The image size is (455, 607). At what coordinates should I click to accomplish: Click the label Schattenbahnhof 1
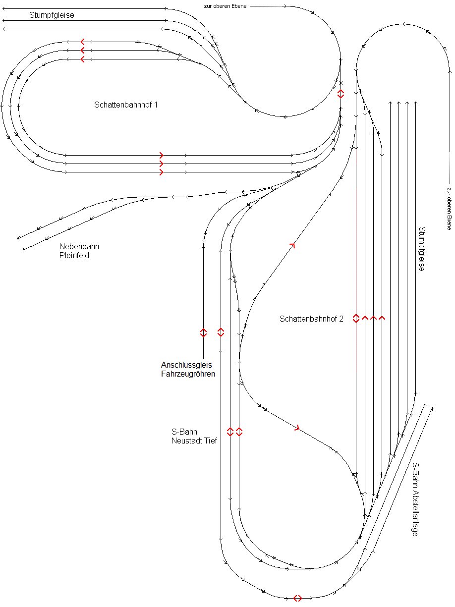[x=126, y=105]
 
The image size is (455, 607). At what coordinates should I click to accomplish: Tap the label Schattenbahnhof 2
[x=311, y=319]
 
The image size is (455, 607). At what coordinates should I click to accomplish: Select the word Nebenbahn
[x=79, y=247]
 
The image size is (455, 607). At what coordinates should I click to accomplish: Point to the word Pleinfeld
[x=74, y=256]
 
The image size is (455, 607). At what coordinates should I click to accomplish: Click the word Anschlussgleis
[x=186, y=365]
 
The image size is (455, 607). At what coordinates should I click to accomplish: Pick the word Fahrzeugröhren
[x=188, y=374]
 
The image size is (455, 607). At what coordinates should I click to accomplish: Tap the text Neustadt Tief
[x=194, y=441]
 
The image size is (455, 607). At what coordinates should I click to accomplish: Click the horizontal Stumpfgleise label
[x=52, y=15]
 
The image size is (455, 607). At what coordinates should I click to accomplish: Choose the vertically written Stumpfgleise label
[x=422, y=249]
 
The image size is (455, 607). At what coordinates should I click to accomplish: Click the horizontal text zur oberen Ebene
[x=225, y=6]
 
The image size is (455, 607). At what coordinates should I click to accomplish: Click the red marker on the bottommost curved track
[x=297, y=598]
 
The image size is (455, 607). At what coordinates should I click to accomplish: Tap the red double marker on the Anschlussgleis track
[x=203, y=332]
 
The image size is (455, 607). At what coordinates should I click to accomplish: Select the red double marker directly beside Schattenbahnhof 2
[x=356, y=318]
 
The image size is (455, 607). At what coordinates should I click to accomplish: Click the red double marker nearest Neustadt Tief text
[x=230, y=432]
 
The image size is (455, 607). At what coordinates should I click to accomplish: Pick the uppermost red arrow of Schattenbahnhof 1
[x=82, y=41]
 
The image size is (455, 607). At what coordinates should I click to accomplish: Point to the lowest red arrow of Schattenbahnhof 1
[x=161, y=172]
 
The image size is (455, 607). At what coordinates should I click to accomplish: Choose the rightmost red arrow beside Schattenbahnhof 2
[x=382, y=318]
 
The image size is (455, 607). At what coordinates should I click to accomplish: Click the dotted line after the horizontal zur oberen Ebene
[x=267, y=6]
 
